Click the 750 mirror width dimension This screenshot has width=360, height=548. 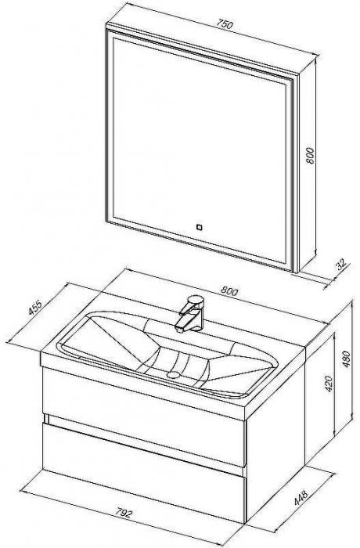[224, 24]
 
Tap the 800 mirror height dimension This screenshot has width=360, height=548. [310, 156]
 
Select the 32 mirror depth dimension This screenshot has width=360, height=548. [340, 264]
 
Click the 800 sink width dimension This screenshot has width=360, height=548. [229, 290]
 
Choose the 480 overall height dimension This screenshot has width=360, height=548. [346, 359]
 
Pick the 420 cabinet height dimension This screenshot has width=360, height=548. [329, 384]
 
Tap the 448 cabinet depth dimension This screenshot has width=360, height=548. [301, 498]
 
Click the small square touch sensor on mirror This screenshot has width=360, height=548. [200, 228]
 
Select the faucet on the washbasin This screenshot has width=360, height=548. [189, 313]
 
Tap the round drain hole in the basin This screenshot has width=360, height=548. [173, 375]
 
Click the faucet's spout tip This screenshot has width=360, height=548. [179, 329]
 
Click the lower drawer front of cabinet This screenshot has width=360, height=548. [143, 473]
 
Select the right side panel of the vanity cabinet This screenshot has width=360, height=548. [276, 434]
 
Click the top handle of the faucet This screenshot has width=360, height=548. [195, 301]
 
